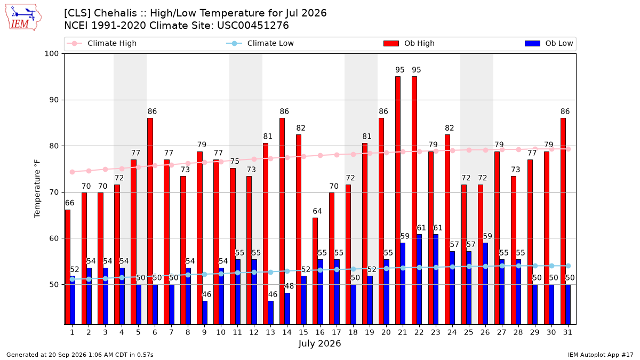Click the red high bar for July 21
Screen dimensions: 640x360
click(398, 201)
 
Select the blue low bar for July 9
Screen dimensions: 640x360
click(205, 313)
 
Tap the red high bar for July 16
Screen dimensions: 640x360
click(315, 271)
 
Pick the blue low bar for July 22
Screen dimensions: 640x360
click(419, 279)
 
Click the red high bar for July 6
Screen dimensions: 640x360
click(150, 221)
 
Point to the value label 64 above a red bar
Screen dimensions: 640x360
click(317, 211)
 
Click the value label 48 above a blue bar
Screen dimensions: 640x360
click(289, 286)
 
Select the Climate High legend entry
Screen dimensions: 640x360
click(101, 43)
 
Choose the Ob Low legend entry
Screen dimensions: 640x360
click(549, 43)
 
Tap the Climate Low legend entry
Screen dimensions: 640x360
click(260, 43)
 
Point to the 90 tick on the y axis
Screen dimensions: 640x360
click(54, 100)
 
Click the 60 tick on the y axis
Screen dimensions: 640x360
click(54, 238)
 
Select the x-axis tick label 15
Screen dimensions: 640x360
click(303, 332)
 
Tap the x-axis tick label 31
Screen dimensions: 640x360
click(567, 332)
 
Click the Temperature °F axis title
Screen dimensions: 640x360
click(37, 189)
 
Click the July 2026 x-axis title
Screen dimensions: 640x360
click(319, 343)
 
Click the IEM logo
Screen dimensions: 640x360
click(23, 18)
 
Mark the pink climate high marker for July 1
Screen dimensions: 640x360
click(73, 172)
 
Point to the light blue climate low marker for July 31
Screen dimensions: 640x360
click(569, 266)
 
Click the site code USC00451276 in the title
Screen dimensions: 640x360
click(253, 26)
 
